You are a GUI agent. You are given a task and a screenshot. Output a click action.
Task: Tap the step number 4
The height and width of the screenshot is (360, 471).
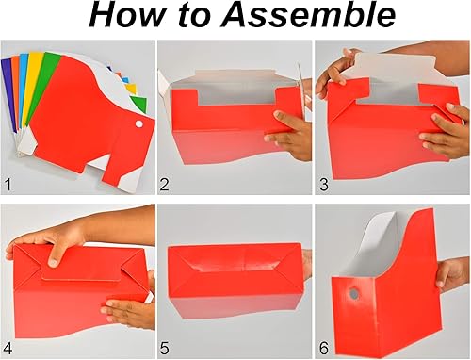(10, 348)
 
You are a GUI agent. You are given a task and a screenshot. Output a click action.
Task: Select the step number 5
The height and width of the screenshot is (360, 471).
(166, 348)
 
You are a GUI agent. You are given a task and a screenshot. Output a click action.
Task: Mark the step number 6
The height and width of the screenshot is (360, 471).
(324, 348)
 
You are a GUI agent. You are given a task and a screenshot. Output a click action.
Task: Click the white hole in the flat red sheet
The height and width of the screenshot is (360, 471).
(138, 123)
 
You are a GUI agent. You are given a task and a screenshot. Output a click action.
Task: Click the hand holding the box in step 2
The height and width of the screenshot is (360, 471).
(288, 133)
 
